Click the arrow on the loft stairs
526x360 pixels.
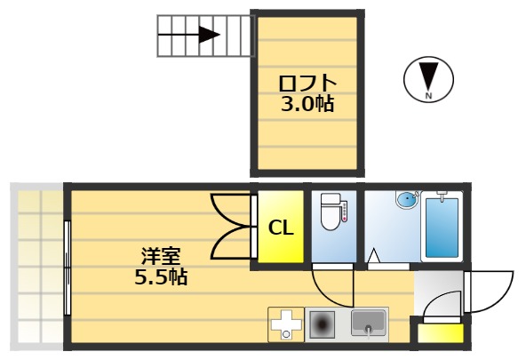(208, 36)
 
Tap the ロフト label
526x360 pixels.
(307, 84)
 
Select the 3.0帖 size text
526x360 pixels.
(307, 104)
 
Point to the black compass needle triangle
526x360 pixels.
(428, 75)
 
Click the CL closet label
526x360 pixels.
(281, 228)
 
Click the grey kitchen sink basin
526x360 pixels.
(369, 322)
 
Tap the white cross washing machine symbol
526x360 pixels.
(286, 324)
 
